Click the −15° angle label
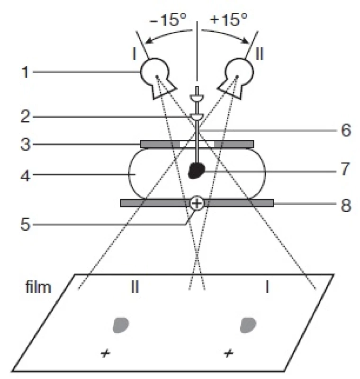coord(168,19)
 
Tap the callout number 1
coord(26,72)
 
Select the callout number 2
coord(26,116)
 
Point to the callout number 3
coord(26,144)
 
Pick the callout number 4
coord(26,176)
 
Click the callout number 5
coord(26,225)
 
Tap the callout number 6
coord(346,130)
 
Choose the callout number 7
coord(345,169)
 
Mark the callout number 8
coord(346,206)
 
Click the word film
coord(38,287)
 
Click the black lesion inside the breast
coord(197,171)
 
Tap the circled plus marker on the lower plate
coord(197,203)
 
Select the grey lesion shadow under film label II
coord(121,325)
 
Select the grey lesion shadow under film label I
coord(248,325)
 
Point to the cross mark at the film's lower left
coord(105,353)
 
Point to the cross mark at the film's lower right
coord(229,353)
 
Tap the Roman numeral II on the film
coord(135,287)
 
